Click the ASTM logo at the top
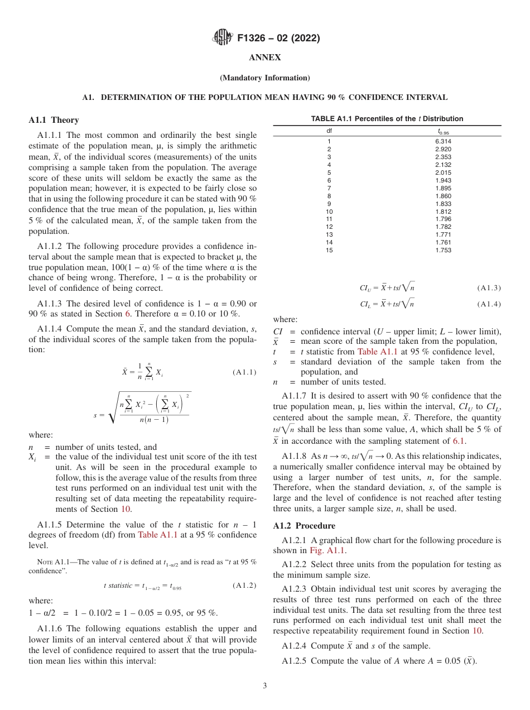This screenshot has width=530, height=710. pyautogui.click(x=223, y=38)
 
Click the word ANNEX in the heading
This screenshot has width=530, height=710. pyautogui.click(x=264, y=57)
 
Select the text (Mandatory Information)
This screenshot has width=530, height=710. pyautogui.click(x=264, y=78)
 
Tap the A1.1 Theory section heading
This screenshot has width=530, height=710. pyautogui.click(x=54, y=120)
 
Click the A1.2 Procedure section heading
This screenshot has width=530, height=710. pyautogui.click(x=304, y=526)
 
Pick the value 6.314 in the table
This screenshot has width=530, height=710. pyautogui.click(x=443, y=142)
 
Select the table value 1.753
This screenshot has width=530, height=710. pyautogui.click(x=443, y=250)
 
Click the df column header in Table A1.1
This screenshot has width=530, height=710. pyautogui.click(x=329, y=131)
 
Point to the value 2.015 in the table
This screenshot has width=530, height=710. pyautogui.click(x=443, y=172)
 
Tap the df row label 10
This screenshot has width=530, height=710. pyautogui.click(x=329, y=212)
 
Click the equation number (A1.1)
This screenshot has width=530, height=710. pyautogui.click(x=244, y=372)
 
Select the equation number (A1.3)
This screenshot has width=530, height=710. pyautogui.click(x=489, y=288)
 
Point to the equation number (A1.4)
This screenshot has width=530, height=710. pyautogui.click(x=489, y=304)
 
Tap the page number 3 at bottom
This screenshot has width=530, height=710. pyautogui.click(x=264, y=686)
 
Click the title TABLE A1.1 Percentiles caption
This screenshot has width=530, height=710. pyautogui.click(x=387, y=119)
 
